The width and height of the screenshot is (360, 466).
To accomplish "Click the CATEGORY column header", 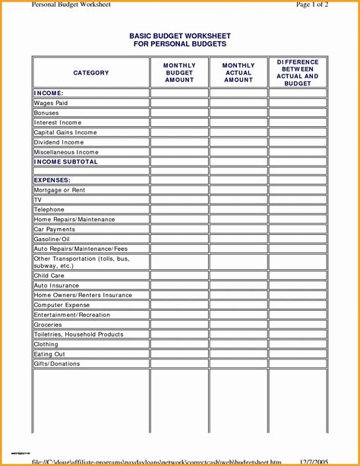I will click(91, 73).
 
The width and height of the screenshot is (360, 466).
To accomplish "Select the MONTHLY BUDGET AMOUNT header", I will click(179, 73).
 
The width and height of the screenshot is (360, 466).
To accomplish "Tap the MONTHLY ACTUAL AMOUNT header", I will click(238, 73).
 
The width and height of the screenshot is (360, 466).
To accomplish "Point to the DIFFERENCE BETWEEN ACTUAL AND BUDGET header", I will click(298, 73).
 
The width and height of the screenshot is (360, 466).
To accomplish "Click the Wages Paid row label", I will click(51, 103).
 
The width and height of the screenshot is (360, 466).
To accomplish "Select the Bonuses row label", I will click(46, 113).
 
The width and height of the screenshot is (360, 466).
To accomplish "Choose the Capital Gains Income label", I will click(65, 132).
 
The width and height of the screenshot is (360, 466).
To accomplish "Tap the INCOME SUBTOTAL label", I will click(66, 162).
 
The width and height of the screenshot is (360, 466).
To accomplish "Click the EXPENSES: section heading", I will click(52, 180).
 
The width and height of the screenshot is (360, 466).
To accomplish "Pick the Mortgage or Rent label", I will click(59, 190).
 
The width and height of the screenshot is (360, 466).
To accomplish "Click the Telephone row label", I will click(49, 210).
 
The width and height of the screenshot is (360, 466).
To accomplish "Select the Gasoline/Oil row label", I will click(52, 239).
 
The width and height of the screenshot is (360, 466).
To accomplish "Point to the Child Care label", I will click(49, 275).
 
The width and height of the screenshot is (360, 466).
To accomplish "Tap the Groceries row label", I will click(48, 325).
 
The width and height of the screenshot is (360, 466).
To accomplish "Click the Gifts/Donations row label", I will click(57, 364).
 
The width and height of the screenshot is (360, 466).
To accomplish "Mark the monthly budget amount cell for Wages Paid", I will click(179, 103).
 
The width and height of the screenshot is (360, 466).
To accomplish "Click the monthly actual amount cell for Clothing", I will click(238, 344).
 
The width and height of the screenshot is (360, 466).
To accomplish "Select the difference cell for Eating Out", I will click(298, 354).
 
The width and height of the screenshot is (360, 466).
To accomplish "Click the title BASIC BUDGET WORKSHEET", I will click(180, 36).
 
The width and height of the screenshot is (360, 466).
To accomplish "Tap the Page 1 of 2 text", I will click(311, 5).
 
